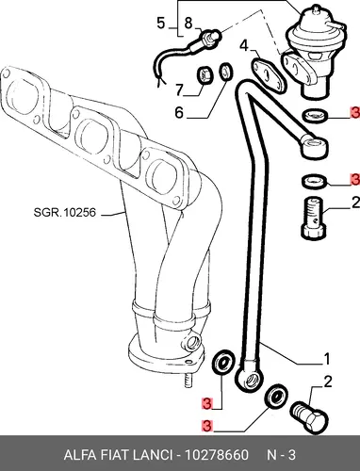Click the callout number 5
point(161,24)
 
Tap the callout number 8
point(188,23)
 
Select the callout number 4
point(244,45)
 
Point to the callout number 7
point(179,90)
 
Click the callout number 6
point(179,112)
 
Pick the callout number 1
point(327,359)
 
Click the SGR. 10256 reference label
point(64,213)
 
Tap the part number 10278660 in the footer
point(216,455)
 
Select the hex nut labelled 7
point(205,75)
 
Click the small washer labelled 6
point(226,72)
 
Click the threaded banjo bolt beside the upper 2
point(315,218)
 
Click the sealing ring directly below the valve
point(315,116)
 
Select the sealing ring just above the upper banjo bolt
point(315,183)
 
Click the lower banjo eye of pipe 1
point(249,380)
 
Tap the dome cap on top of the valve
point(313,14)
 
